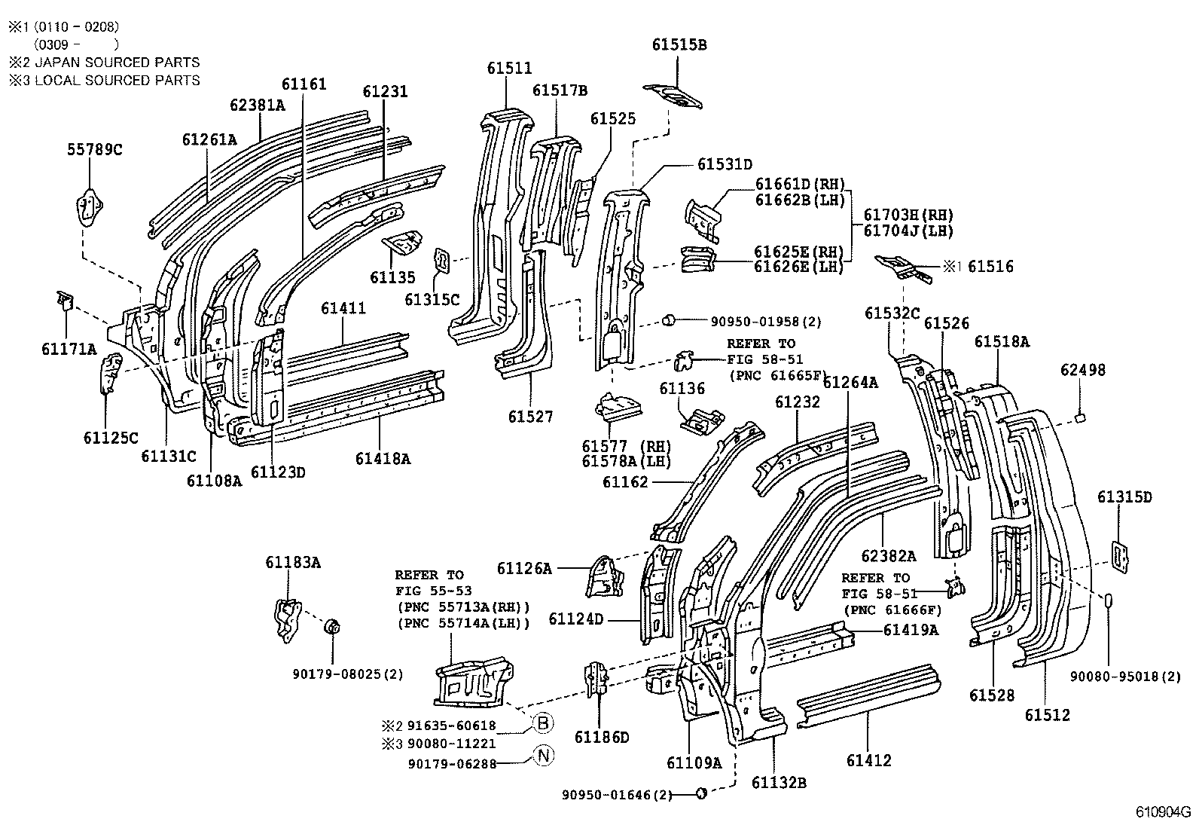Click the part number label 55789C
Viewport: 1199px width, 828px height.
coord(94,149)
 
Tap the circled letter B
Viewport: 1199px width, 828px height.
coord(542,723)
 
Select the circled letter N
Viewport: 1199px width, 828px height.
coord(542,755)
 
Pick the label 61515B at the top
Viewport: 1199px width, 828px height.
coord(679,45)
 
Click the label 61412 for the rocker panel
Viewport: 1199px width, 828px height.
coord(868,761)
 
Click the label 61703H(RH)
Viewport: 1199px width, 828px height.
coord(908,215)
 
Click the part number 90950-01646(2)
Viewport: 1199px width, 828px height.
coord(617,794)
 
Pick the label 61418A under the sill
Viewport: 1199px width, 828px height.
coord(383,458)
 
